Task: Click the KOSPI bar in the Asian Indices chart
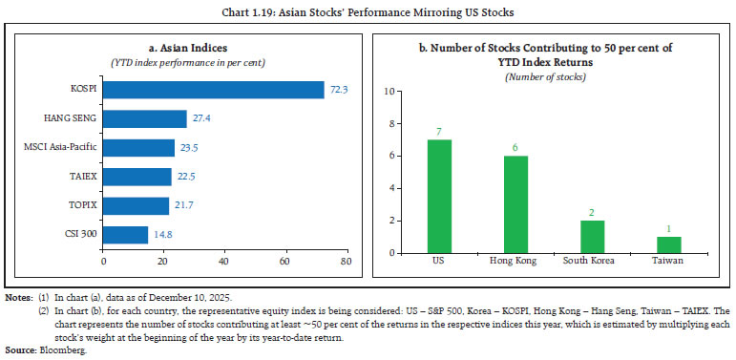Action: (213, 90)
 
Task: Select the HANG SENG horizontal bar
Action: (144, 118)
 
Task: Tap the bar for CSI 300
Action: (125, 234)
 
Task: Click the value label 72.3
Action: (339, 90)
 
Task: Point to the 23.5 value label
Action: (189, 147)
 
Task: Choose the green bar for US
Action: (438, 196)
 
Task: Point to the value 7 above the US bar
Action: (438, 130)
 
